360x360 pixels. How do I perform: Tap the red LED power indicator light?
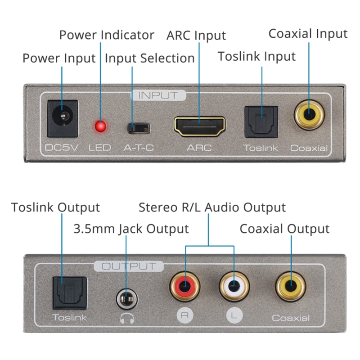(x=100, y=126)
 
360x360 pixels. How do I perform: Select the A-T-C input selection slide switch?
(x=138, y=127)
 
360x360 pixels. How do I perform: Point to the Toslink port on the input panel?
(x=261, y=122)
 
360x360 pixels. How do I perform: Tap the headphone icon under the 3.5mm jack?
(x=127, y=318)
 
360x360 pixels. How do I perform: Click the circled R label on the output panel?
(x=184, y=315)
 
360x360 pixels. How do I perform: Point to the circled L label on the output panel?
(x=233, y=315)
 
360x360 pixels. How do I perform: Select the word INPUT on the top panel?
(x=158, y=95)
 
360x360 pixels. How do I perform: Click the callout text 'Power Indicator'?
(x=107, y=35)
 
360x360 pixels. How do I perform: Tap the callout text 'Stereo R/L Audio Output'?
(x=212, y=207)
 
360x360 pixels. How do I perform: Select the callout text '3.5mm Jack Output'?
(x=131, y=229)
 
